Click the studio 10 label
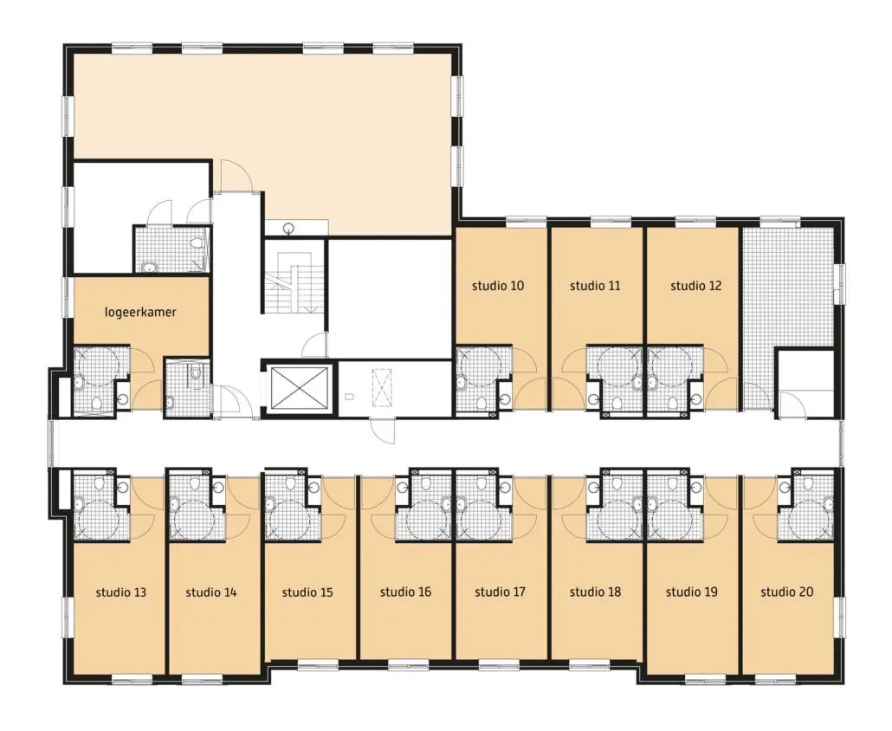pos(498,286)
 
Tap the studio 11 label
pos(595,286)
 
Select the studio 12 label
pos(695,286)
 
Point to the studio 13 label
pos(120,592)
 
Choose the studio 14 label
pos(211,592)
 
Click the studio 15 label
pos(307,592)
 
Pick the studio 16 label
pos(405,592)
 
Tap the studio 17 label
pos(500,592)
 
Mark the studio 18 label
pos(595,592)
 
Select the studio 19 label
pos(692,592)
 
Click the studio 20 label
pos(786,592)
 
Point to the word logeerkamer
pos(140,312)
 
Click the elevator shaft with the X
pos(301,388)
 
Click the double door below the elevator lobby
pos(382,430)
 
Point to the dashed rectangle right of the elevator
pos(381,387)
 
